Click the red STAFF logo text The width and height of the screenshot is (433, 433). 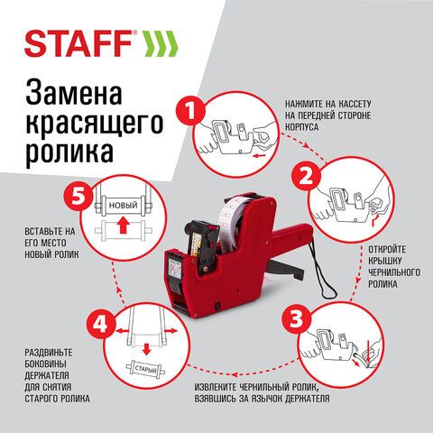point(78,43)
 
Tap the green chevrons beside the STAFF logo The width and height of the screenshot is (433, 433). point(159,43)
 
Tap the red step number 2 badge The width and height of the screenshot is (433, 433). point(306,178)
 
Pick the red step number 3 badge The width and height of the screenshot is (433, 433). point(296,318)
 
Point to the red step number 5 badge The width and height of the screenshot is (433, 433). point(78,198)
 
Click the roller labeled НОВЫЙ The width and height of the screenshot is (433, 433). point(124,206)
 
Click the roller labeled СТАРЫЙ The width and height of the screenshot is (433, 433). point(145,369)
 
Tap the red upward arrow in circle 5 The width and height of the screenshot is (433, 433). point(122,226)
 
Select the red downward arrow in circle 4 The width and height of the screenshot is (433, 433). point(146,349)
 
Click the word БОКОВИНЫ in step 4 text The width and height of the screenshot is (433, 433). point(45,364)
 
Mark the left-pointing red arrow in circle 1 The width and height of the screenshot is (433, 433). point(261,156)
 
